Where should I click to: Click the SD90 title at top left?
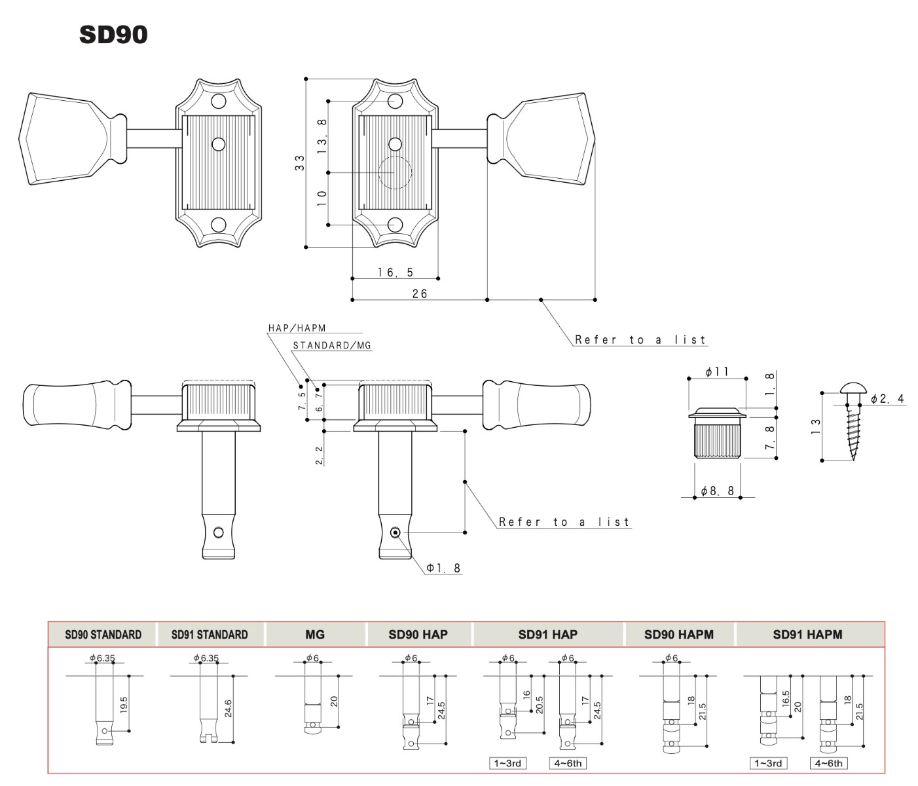[113, 35]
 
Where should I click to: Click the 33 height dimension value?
[300, 162]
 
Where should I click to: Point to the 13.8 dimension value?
[322, 137]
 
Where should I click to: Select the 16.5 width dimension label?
[395, 272]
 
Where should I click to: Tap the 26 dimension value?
[420, 293]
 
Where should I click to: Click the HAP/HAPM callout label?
[297, 328]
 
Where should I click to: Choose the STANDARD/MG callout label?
[332, 345]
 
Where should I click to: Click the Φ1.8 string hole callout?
[443, 568]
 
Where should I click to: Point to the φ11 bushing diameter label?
[717, 371]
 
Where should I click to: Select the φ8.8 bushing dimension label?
[717, 491]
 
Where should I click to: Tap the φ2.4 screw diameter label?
[887, 398]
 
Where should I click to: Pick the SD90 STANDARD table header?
[103, 635]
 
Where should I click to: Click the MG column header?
[315, 635]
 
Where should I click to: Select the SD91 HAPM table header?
[807, 635]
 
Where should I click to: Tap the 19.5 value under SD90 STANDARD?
[124, 705]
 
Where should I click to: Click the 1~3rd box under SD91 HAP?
[507, 763]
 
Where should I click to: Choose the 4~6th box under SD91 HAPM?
[829, 763]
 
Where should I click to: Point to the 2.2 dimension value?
[320, 455]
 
